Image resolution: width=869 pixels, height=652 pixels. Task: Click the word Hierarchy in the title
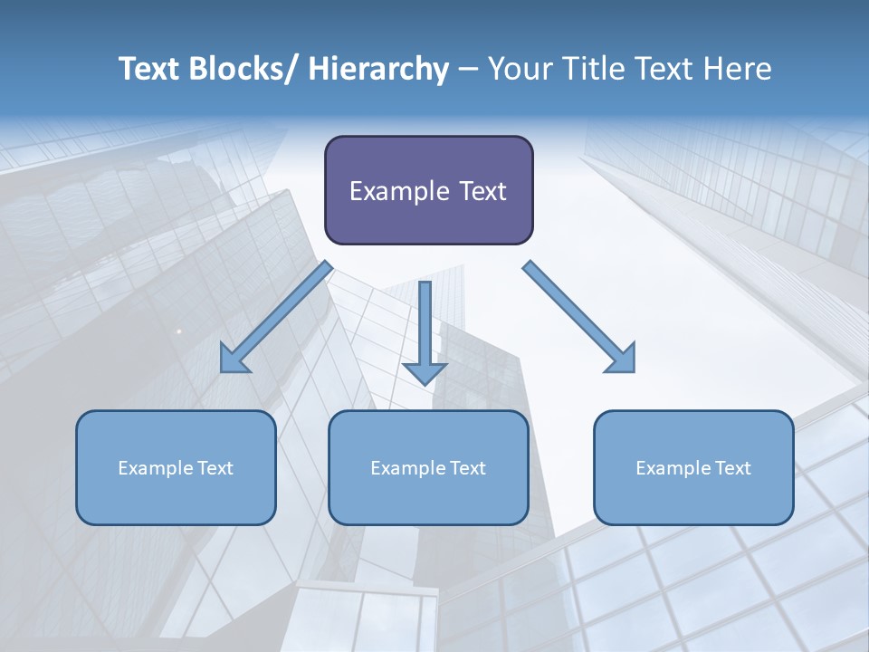[x=378, y=69]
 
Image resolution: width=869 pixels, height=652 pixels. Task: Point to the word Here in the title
[x=734, y=69]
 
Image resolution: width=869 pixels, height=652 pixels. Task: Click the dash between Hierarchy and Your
[x=468, y=70]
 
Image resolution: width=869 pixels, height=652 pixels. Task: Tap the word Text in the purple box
[x=481, y=191]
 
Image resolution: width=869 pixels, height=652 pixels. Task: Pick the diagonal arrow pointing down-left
[x=276, y=317]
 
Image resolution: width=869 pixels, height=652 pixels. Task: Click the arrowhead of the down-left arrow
[x=233, y=360]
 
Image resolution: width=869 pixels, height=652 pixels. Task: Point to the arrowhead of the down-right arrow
[x=623, y=359]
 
